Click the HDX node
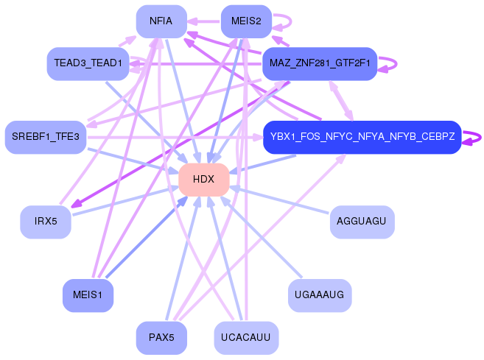[204, 180]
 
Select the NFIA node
[161, 21]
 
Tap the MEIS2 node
[246, 21]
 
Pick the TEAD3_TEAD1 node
[88, 63]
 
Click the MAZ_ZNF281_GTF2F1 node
[320, 63]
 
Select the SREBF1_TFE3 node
[46, 137]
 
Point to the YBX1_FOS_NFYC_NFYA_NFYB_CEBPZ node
[362, 137]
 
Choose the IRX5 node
[46, 222]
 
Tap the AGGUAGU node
[362, 222]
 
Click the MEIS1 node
[88, 295]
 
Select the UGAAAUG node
[320, 295]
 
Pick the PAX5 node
[161, 337]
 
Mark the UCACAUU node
[246, 337]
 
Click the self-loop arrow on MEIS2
[291, 21]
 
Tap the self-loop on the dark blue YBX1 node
[480, 137]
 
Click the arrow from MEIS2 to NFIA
[204, 21]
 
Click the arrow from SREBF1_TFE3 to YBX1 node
[175, 137]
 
